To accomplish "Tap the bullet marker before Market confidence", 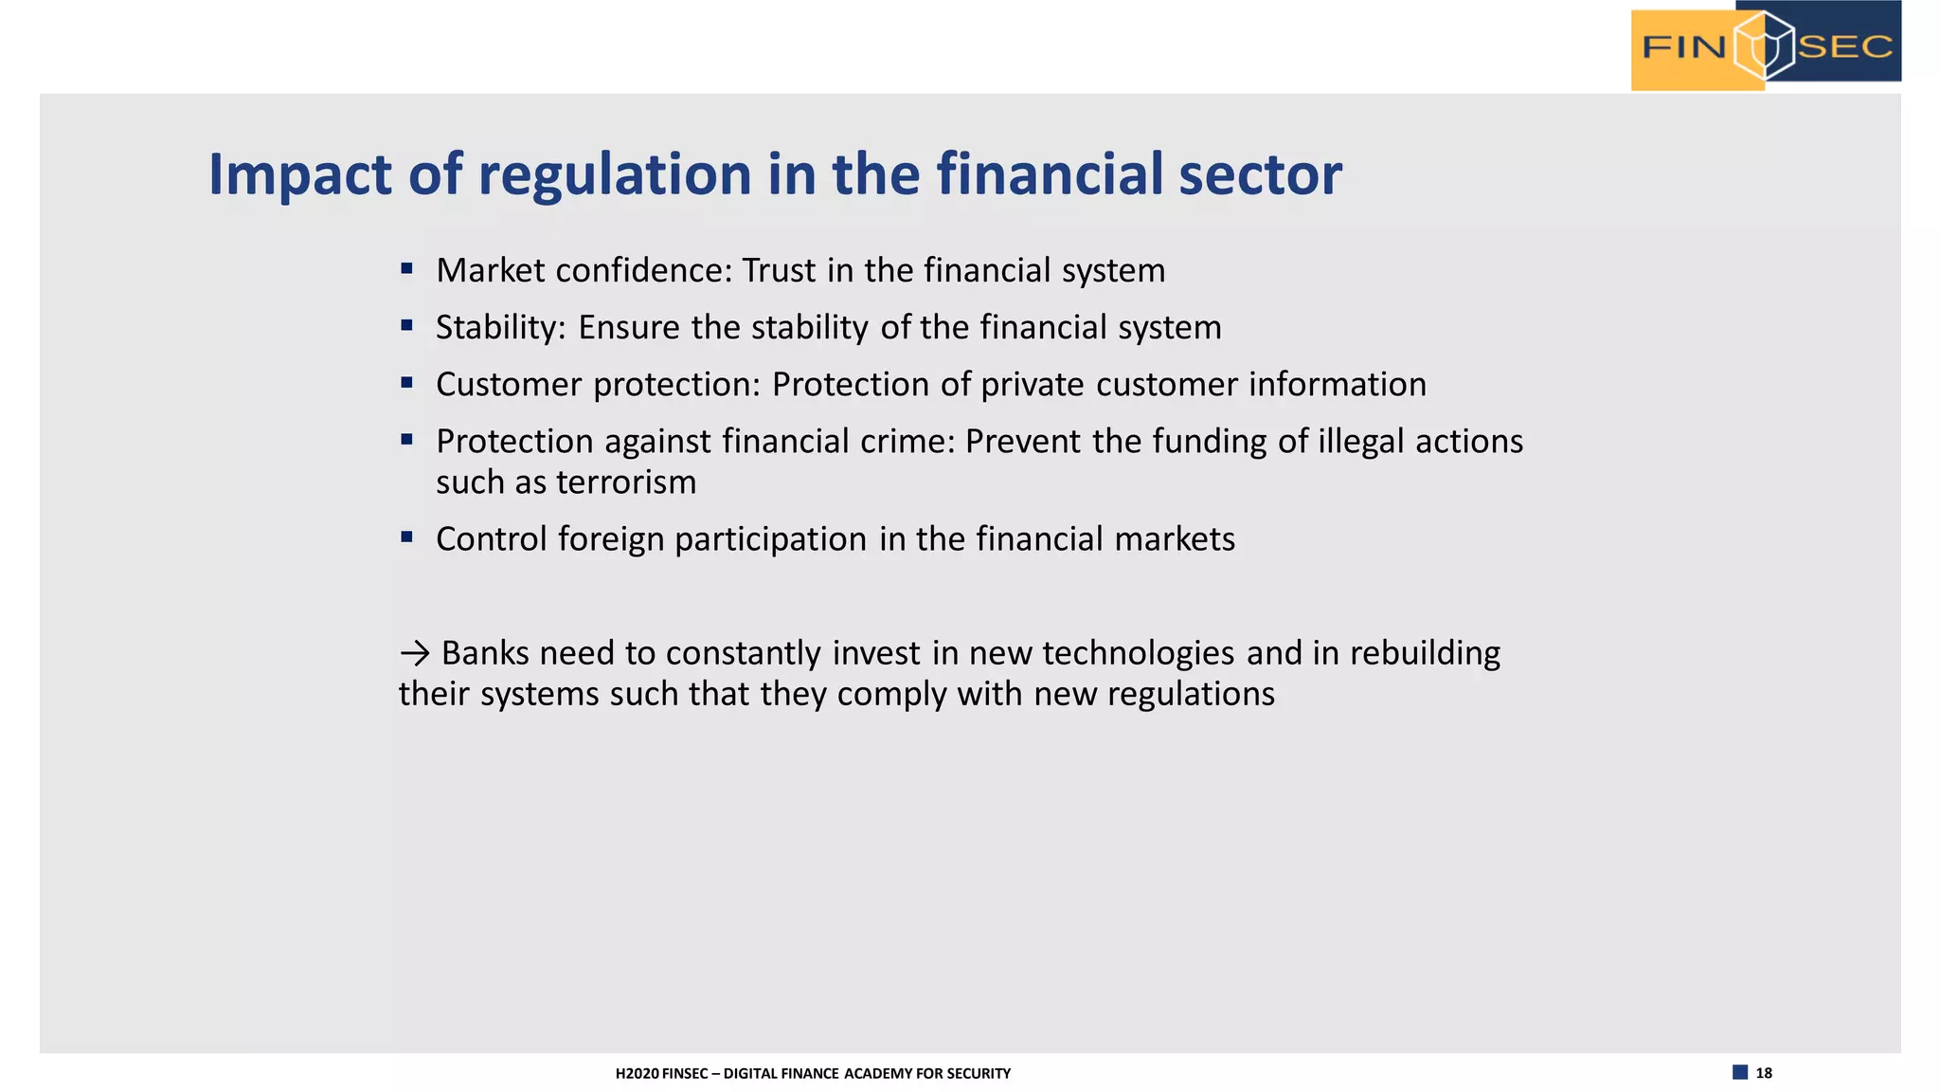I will pyautogui.click(x=406, y=269).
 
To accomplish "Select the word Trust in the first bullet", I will pyautogui.click(x=779, y=271).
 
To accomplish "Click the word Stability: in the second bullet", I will pyautogui.click(x=500, y=328).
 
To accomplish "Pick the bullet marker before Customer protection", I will pyautogui.click(x=406, y=383).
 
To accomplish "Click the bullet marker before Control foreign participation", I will pyautogui.click(x=406, y=537).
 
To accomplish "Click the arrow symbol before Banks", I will pyautogui.click(x=415, y=653).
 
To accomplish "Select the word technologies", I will pyautogui.click(x=1139, y=653).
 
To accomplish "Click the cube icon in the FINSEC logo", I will pyautogui.click(x=1763, y=45).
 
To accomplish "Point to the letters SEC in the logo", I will pyautogui.click(x=1844, y=46).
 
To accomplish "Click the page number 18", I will pyautogui.click(x=1763, y=1073).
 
